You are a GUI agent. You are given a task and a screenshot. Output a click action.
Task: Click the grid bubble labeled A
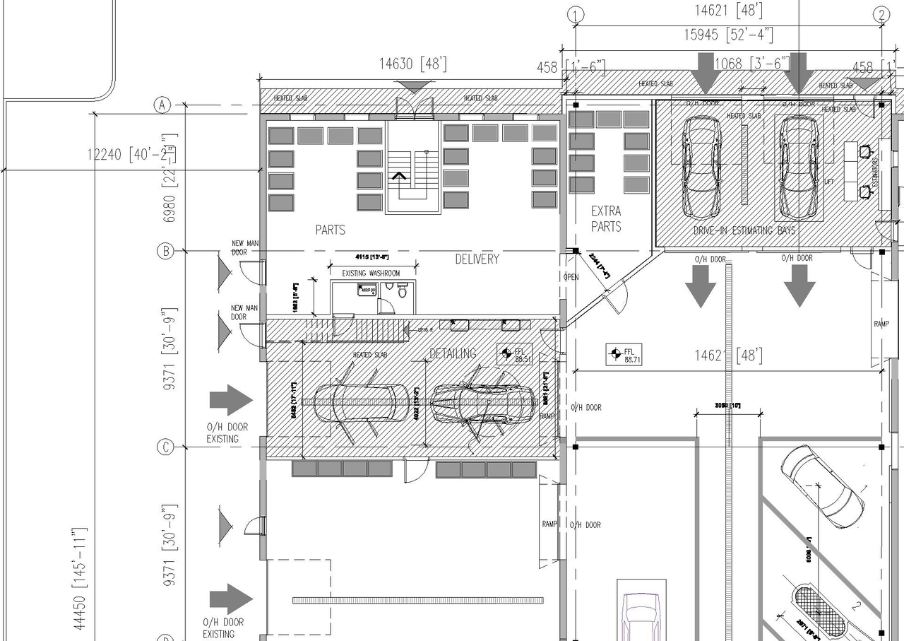[163, 105]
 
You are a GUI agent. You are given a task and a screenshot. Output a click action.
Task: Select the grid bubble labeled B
[165, 251]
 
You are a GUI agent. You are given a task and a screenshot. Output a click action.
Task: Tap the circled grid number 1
[577, 15]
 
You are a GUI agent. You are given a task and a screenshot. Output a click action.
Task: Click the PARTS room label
[331, 230]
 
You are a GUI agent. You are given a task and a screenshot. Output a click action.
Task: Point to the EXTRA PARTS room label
[606, 219]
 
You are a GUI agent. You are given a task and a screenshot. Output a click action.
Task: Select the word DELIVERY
[477, 259]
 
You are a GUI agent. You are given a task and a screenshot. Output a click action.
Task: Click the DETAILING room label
[453, 353]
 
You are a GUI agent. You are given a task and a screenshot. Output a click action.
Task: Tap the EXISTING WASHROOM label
[371, 274]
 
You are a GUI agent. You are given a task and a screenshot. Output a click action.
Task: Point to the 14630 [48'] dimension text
[413, 64]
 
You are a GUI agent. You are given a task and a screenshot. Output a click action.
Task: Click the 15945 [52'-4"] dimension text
[728, 34]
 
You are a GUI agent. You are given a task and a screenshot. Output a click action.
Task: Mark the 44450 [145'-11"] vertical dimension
[82, 578]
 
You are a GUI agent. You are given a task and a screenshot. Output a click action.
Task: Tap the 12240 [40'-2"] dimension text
[132, 153]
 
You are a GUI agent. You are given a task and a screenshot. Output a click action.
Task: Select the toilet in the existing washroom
[403, 290]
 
